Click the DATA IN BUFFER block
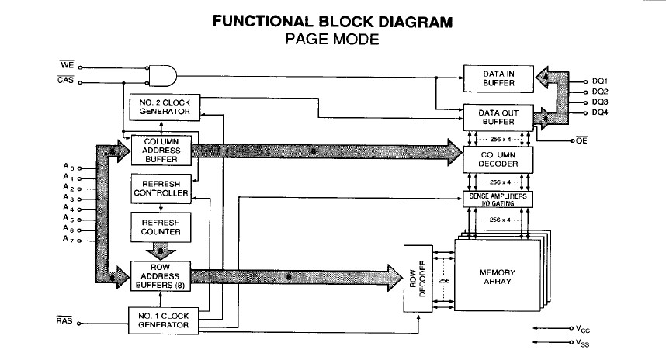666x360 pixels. (x=498, y=79)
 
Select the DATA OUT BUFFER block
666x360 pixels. (x=498, y=118)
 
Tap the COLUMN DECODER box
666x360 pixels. (x=498, y=160)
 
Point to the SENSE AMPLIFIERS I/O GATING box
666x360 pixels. (x=498, y=199)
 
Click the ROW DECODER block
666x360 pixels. (x=418, y=279)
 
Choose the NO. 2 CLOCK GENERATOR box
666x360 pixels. (x=165, y=107)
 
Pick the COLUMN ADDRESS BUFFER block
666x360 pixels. (x=161, y=151)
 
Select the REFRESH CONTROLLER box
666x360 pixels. (x=161, y=189)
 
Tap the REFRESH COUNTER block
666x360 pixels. (x=161, y=227)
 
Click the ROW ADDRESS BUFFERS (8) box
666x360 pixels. (x=160, y=276)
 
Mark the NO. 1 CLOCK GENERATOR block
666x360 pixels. (x=164, y=320)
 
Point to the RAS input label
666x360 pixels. (x=64, y=320)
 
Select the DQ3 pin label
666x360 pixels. (x=600, y=102)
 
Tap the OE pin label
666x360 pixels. (x=582, y=140)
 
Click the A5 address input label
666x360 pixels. (x=68, y=218)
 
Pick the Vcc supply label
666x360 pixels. (x=583, y=329)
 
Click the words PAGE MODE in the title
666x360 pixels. (x=332, y=39)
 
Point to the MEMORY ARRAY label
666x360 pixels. (x=498, y=277)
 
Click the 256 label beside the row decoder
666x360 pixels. (x=444, y=281)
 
